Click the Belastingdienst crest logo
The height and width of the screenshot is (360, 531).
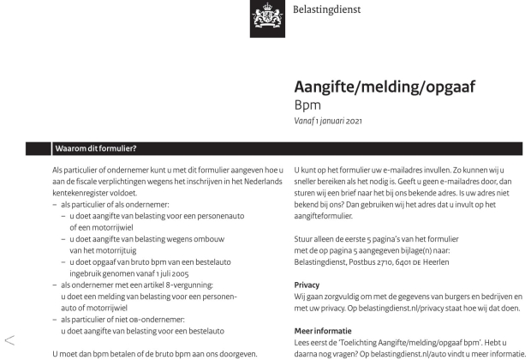pyautogui.click(x=267, y=19)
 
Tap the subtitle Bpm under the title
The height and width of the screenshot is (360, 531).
pyautogui.click(x=307, y=105)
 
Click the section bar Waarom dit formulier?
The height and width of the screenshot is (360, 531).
pyautogui.click(x=95, y=148)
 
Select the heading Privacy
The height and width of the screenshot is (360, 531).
pyautogui.click(x=307, y=284)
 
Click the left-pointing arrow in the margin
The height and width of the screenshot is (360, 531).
pyautogui.click(x=9, y=340)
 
